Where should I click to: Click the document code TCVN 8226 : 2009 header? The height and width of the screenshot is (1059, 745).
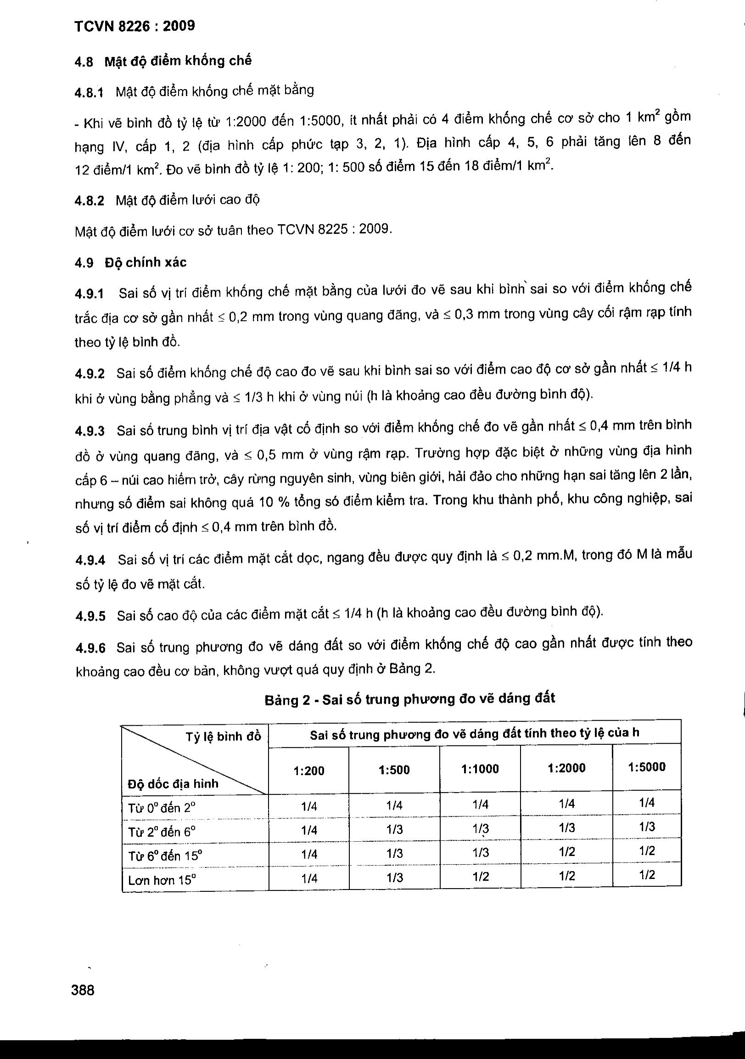click(x=134, y=26)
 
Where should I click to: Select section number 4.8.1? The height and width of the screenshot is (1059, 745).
click(x=89, y=92)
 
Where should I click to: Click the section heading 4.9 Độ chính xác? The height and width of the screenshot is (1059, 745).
click(x=130, y=262)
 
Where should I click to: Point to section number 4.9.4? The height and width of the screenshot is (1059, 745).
click(x=90, y=560)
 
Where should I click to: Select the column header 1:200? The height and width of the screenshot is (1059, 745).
click(x=309, y=771)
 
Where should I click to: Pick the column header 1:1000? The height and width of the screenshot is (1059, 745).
click(x=480, y=769)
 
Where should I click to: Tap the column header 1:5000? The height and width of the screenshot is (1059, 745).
click(x=646, y=767)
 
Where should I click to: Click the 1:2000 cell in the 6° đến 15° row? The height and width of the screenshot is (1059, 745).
click(x=566, y=852)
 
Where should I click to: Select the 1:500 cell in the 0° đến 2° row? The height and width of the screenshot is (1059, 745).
click(x=395, y=806)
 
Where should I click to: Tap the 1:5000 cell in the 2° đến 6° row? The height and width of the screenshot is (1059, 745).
click(x=647, y=827)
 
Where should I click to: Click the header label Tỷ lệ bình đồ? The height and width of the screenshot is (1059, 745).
click(x=223, y=737)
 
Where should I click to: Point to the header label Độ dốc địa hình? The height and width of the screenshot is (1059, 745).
click(x=173, y=783)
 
